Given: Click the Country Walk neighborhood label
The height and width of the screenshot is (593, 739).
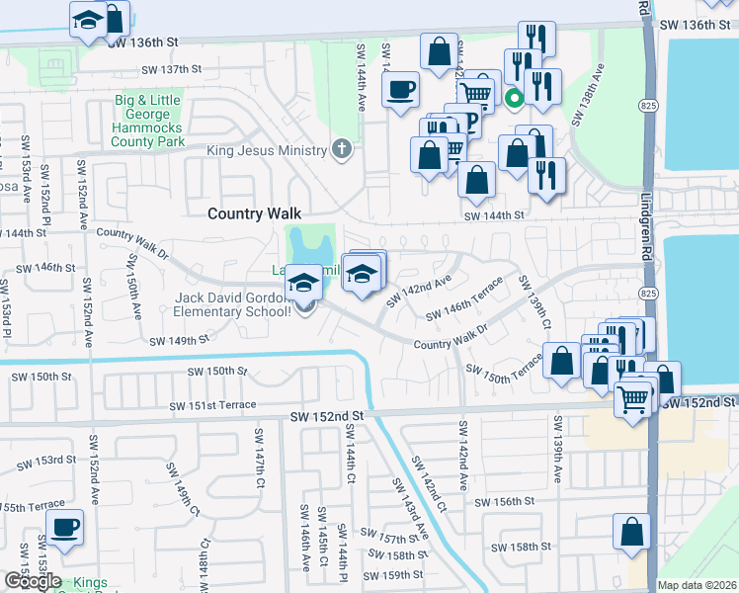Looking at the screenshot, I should point(254,213).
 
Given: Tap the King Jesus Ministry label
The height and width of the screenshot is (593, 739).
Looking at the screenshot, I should point(266,150).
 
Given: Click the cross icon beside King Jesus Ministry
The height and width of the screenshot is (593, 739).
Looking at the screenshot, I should point(342,150).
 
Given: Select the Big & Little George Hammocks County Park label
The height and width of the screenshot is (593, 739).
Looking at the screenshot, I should point(149,121).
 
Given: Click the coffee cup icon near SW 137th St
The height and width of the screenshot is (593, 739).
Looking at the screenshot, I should point(400,90).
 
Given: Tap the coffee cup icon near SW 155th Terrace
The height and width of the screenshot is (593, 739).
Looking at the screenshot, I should point(65,527).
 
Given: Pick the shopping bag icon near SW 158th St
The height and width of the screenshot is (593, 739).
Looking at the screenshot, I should point(631,532).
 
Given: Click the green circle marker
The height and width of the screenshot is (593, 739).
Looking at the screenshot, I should point(513,98).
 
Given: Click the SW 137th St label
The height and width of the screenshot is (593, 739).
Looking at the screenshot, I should point(172,69).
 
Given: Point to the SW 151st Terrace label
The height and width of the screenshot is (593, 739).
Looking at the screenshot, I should point(212,405).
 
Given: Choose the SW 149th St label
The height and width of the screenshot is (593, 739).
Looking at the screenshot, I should point(179,341).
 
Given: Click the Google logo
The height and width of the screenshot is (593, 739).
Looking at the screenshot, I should point(32,582).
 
